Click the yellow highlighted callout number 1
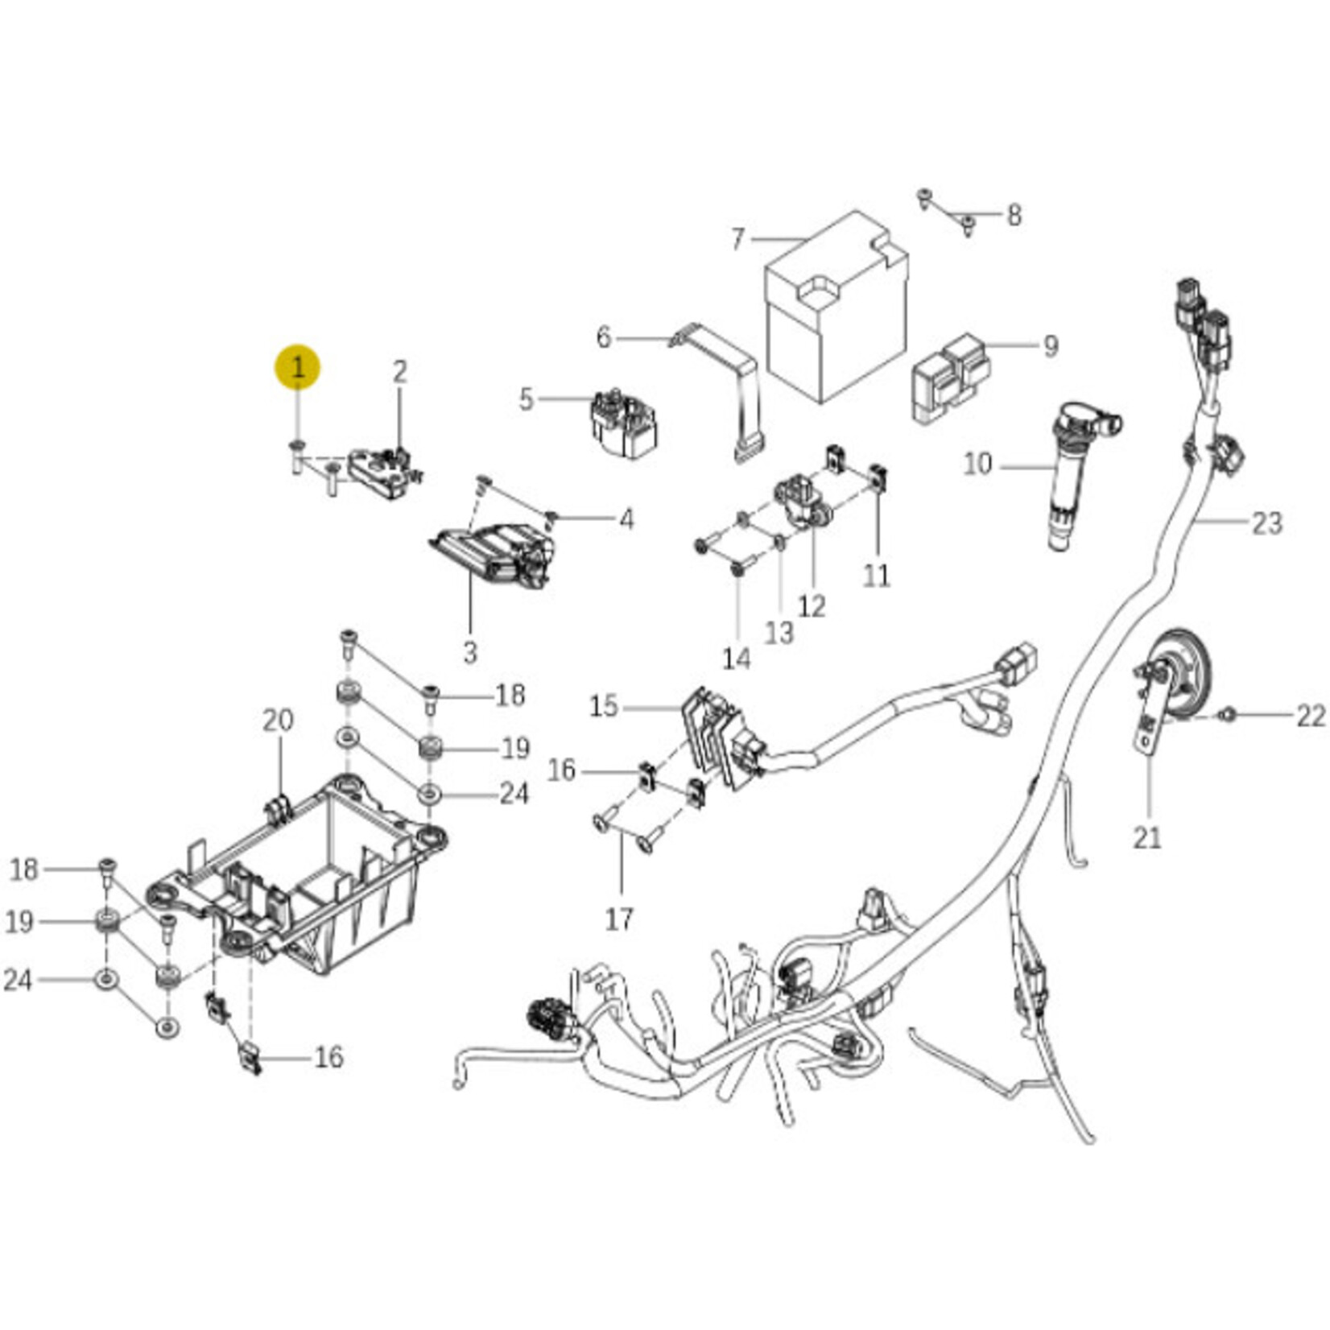298,368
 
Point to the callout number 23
1266,523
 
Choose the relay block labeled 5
624,424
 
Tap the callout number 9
1050,346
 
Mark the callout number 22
1311,715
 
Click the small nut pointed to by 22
1229,713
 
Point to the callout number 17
619,919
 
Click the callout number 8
1014,215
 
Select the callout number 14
736,659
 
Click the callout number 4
626,519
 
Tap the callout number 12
812,606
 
